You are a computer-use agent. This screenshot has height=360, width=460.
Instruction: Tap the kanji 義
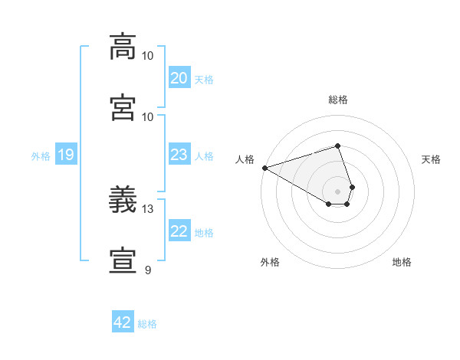(123, 201)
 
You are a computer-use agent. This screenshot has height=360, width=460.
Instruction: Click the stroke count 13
(148, 209)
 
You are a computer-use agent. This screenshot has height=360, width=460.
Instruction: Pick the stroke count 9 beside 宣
(148, 270)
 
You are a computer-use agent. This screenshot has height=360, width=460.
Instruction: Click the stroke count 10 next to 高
(148, 56)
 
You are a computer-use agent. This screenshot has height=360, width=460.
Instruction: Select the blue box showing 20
(179, 78)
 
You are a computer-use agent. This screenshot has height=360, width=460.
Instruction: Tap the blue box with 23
(179, 155)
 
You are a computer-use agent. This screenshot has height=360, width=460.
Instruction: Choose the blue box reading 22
(179, 231)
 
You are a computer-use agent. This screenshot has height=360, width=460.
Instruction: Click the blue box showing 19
(65, 155)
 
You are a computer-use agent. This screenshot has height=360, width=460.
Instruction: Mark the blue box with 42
(123, 322)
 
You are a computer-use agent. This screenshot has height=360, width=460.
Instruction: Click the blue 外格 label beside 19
(41, 156)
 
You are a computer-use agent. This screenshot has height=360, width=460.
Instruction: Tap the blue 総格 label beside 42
(147, 324)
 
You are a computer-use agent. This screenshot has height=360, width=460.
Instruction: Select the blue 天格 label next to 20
(204, 80)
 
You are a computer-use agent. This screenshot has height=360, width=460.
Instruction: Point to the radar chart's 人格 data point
(264, 168)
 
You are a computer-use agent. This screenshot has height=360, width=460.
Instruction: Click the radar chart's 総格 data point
(337, 146)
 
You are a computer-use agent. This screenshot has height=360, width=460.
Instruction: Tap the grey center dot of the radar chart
(337, 191)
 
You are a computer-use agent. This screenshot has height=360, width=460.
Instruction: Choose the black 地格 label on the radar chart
(402, 262)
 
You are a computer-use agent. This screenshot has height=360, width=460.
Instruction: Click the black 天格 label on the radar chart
(431, 159)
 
